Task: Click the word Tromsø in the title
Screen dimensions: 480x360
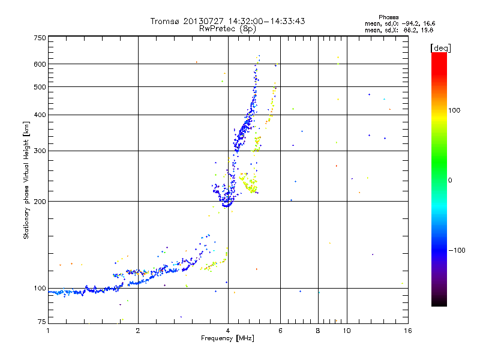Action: point(164,21)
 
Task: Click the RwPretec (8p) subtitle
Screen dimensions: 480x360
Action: point(227,29)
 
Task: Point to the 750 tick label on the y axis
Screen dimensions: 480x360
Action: point(40,38)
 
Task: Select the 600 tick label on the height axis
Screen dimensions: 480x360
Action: point(40,64)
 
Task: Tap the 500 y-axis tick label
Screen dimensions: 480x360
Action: point(40,87)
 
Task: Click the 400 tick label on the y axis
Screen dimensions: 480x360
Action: point(40,115)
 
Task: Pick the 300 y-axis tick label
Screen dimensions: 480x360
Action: point(40,151)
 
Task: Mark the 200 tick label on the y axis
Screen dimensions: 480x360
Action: point(40,202)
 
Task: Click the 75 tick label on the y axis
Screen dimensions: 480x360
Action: point(42,322)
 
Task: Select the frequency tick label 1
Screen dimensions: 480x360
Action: point(48,331)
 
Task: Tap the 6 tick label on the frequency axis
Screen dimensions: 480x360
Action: point(280,331)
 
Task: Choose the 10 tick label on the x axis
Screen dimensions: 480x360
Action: point(347,331)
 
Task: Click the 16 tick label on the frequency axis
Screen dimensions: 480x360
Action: point(408,331)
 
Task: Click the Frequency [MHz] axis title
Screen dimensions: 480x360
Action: point(227,338)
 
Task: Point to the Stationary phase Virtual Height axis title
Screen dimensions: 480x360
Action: point(26,181)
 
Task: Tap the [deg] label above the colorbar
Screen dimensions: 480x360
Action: point(440,48)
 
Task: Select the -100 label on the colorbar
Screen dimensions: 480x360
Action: point(457,250)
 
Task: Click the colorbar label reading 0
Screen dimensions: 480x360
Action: point(450,181)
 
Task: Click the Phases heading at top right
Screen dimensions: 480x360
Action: point(388,17)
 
